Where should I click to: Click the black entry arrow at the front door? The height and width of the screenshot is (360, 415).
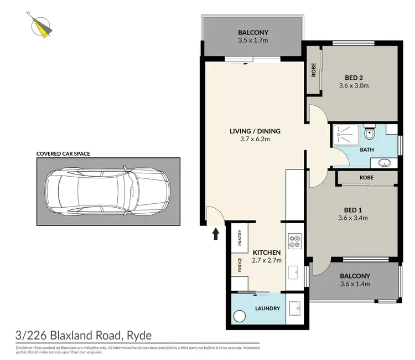pos(216,234)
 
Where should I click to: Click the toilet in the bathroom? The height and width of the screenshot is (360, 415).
pos(370,133)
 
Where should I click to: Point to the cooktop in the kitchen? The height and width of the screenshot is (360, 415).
pos(294,241)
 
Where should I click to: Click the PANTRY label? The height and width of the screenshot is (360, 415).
pos(240,238)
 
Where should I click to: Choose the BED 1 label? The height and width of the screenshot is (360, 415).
pos(353,209)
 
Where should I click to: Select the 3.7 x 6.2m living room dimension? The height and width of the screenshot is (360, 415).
pos(255,140)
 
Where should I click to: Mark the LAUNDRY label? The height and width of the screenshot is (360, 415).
pos(268,308)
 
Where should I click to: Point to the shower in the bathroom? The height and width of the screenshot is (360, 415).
pos(347,135)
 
